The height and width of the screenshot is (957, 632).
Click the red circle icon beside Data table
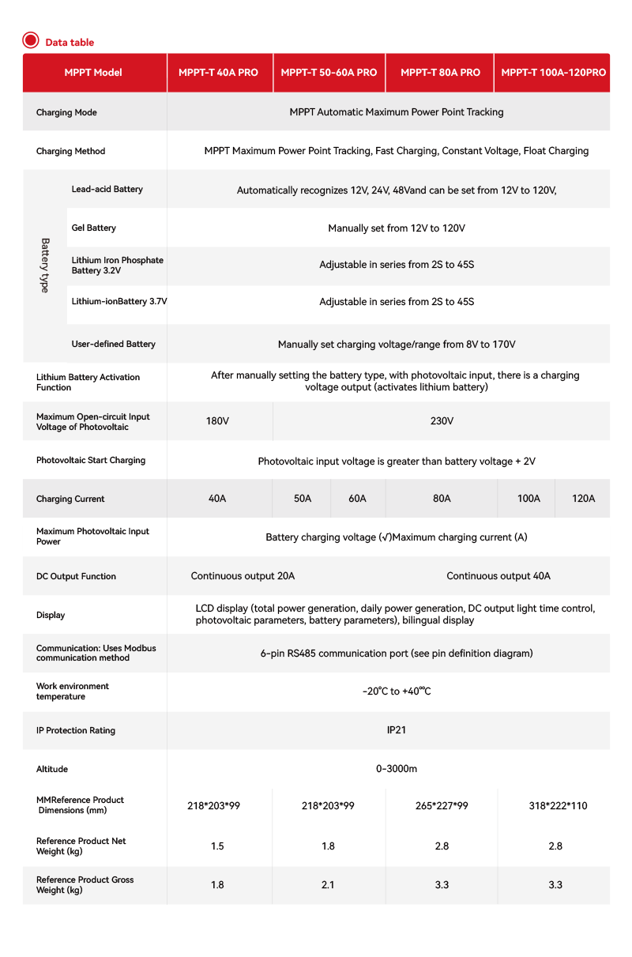(31, 41)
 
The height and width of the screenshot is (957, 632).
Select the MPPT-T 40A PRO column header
(218, 73)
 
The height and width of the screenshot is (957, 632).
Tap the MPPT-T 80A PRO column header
(440, 73)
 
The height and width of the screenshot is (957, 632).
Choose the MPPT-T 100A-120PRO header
(553, 73)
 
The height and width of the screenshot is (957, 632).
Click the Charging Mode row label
(66, 113)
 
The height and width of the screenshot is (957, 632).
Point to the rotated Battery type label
(44, 266)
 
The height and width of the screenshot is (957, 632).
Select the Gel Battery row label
(93, 228)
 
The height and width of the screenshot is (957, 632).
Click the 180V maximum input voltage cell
(217, 421)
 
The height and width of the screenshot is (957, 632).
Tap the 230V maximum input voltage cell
(442, 421)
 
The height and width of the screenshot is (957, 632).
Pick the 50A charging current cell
(302, 499)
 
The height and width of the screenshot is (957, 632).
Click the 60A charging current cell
(357, 499)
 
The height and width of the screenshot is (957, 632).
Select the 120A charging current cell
(583, 499)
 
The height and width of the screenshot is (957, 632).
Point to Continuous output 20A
(243, 576)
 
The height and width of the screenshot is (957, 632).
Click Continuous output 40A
(498, 576)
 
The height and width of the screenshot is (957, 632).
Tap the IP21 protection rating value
(397, 730)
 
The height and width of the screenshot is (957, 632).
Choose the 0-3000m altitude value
(397, 769)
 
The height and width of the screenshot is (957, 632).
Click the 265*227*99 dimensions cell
(442, 806)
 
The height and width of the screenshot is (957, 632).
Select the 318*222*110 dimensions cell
(558, 806)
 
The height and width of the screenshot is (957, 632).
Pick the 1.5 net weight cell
(217, 846)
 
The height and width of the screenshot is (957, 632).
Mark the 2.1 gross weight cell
(328, 885)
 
